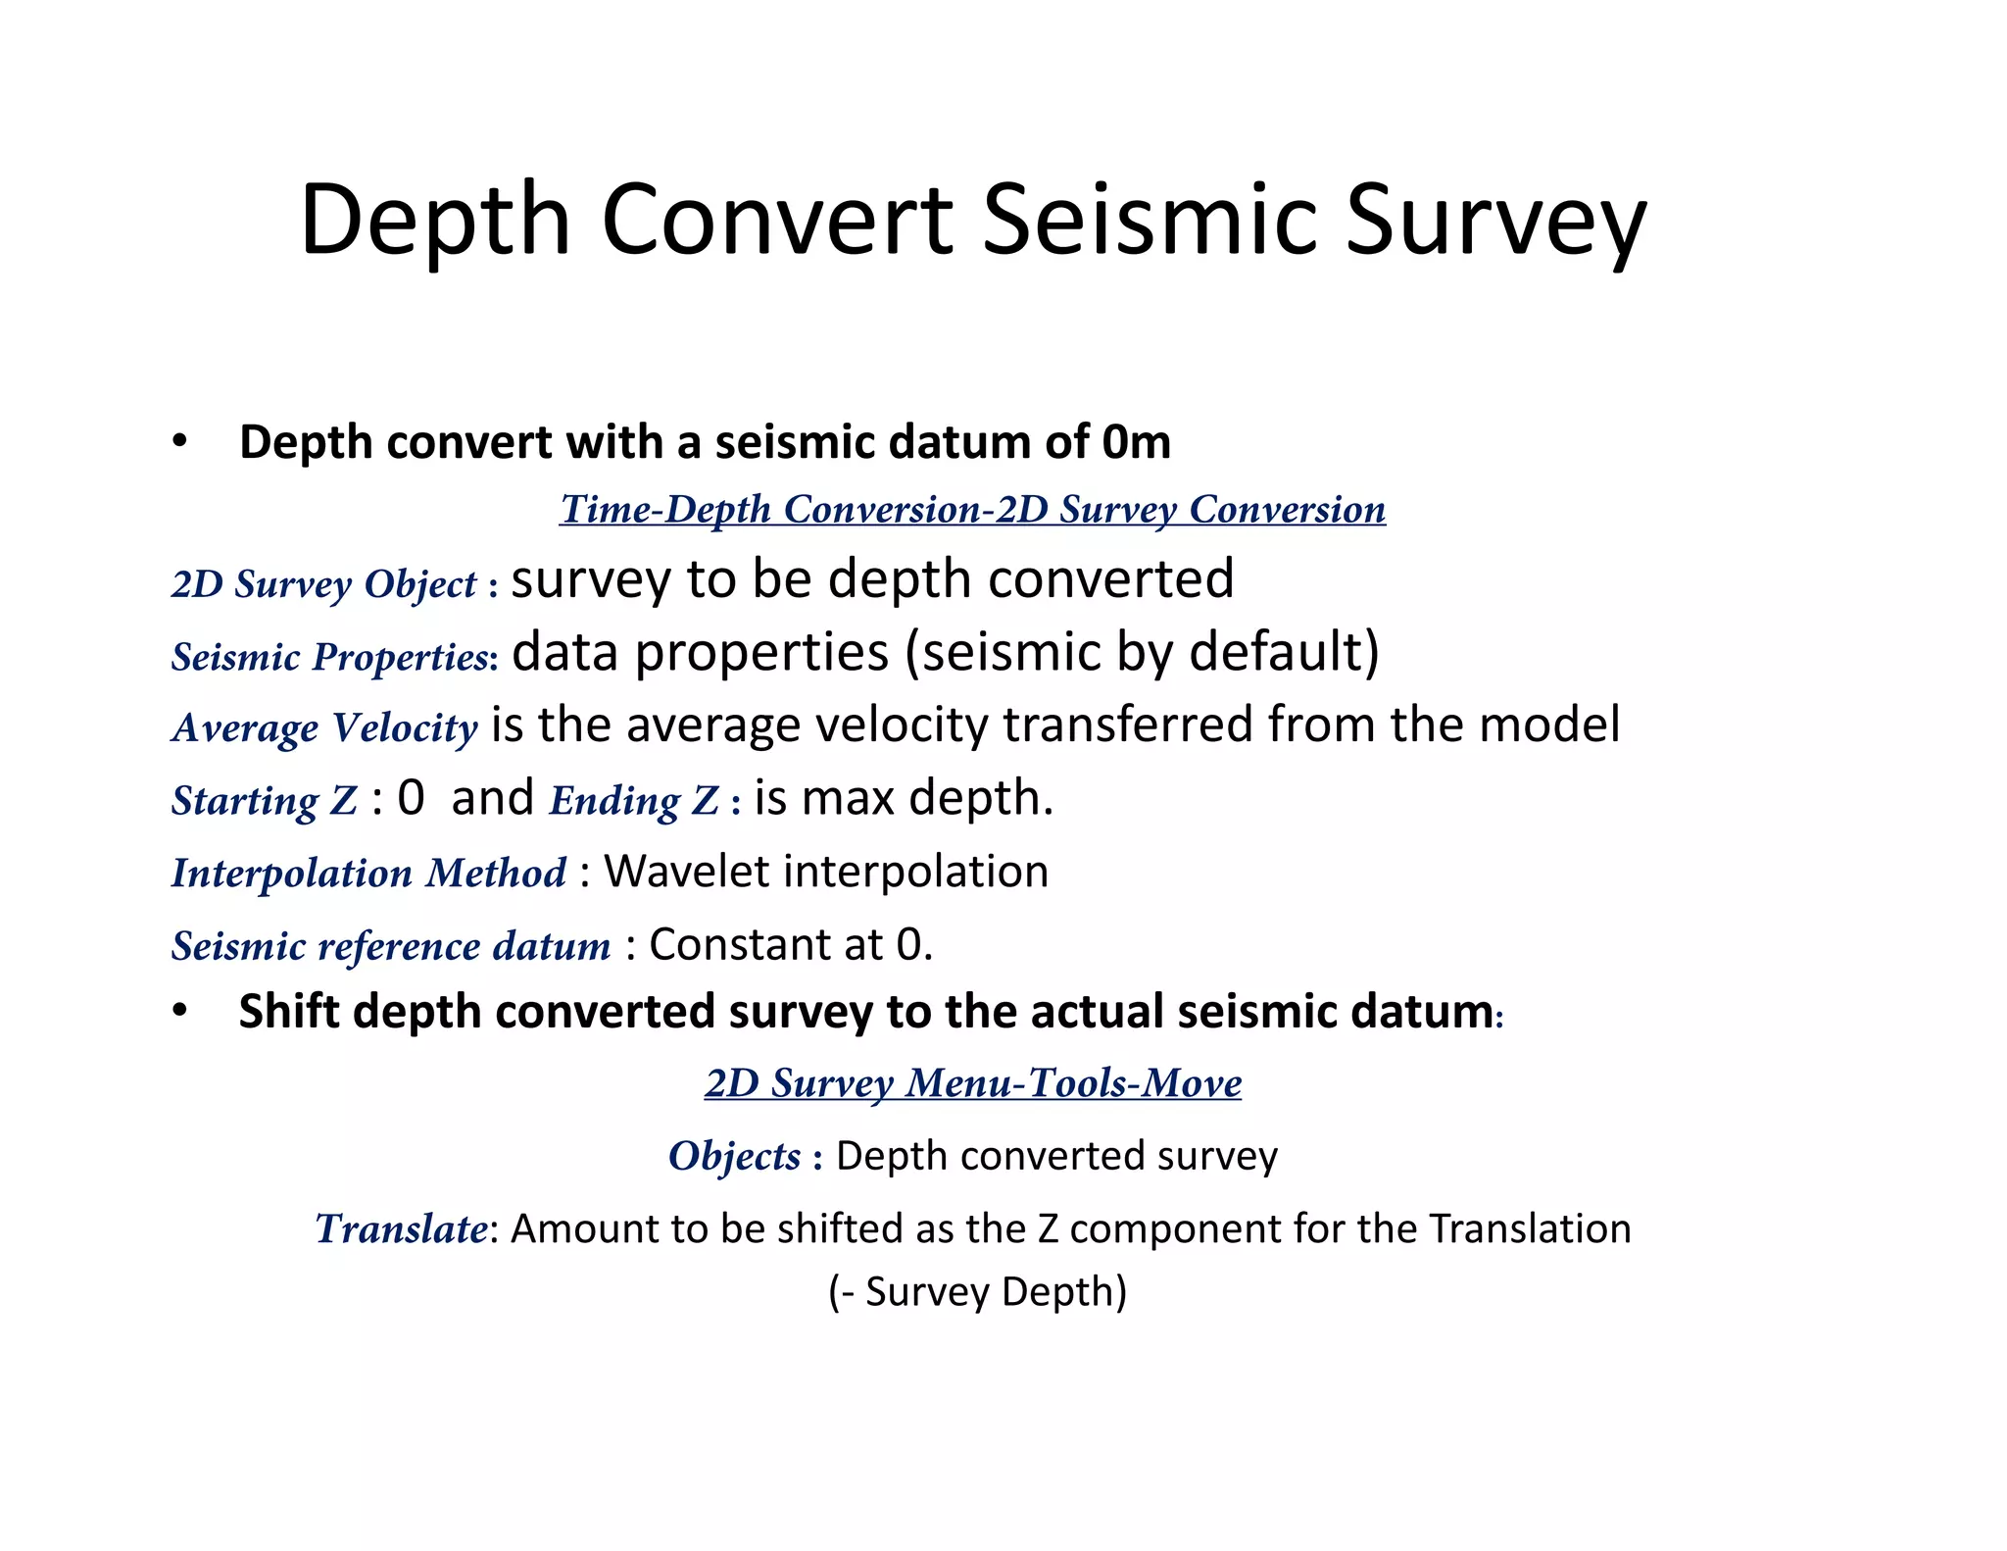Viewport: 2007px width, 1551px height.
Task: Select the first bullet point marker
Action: tap(178, 441)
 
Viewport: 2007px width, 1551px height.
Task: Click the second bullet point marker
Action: tap(178, 1011)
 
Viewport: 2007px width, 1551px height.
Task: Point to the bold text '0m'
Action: tap(1136, 442)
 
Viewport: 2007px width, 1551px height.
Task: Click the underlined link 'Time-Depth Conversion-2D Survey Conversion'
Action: tap(972, 510)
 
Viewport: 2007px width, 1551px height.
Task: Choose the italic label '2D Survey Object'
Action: tap(323, 584)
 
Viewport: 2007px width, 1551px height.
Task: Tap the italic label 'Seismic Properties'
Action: tap(331, 657)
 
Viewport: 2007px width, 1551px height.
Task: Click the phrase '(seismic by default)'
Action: tap(1142, 653)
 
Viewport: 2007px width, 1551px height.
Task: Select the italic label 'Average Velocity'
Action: tap(324, 727)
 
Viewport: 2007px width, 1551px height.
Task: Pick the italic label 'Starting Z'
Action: tap(264, 800)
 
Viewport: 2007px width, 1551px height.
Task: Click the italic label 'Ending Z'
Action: tap(634, 800)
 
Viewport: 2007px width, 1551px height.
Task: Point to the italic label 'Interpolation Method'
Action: tap(368, 873)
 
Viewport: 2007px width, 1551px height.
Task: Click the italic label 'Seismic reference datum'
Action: tap(391, 946)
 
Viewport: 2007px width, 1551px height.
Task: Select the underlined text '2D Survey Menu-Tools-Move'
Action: tap(972, 1083)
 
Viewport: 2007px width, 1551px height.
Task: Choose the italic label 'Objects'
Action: tap(734, 1156)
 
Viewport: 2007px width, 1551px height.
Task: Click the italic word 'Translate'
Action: tap(401, 1228)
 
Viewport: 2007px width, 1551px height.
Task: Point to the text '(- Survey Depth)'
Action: tap(977, 1292)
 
